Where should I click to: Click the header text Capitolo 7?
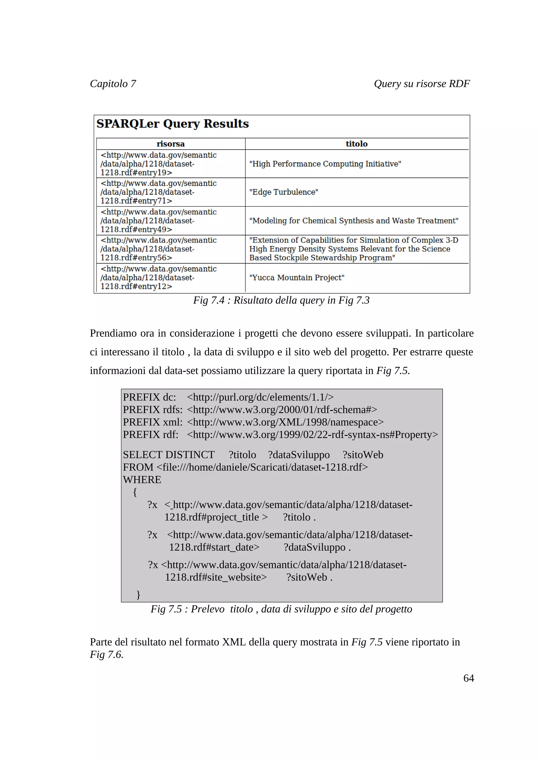click(113, 84)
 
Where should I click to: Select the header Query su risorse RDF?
click(421, 84)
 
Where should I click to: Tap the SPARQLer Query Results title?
click(172, 124)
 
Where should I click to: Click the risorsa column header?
click(170, 144)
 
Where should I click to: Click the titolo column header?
click(356, 144)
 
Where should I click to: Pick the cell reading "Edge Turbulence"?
click(283, 192)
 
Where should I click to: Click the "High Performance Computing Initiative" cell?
click(325, 164)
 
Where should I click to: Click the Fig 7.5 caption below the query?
click(281, 609)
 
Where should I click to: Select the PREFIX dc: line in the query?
click(228, 397)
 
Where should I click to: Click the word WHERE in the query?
click(142, 479)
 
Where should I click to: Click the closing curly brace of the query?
click(138, 594)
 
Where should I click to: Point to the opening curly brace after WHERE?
click(134, 492)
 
